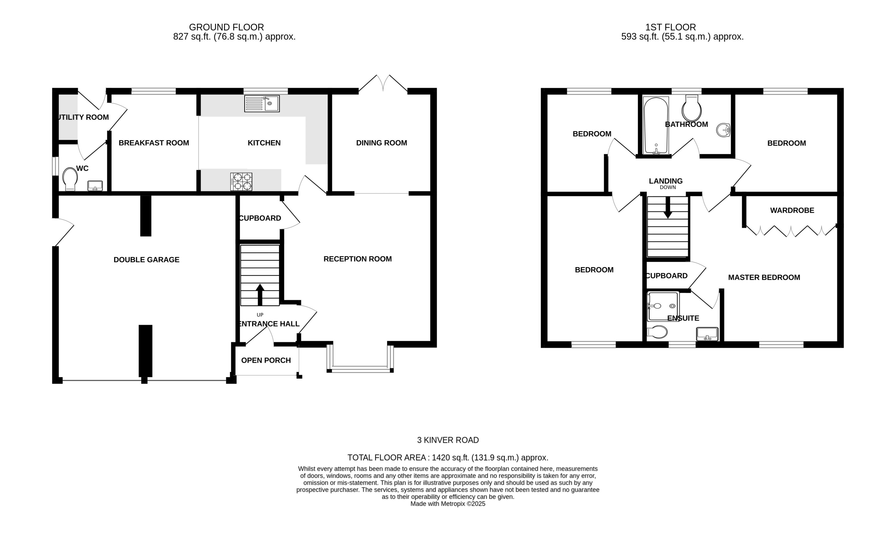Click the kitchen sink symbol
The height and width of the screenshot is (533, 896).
[x=262, y=103]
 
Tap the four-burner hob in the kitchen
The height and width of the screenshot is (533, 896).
[x=241, y=182]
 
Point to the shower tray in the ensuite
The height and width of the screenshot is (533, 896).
[x=663, y=306]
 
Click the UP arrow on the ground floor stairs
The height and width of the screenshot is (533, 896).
[x=260, y=295]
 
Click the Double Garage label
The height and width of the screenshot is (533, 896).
[x=146, y=260]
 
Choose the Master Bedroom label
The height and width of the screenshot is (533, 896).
[x=764, y=277]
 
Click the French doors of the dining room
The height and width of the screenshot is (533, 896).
[x=383, y=83]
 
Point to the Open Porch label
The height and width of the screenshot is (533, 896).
[x=266, y=360]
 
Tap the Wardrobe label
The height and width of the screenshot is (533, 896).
[x=792, y=211]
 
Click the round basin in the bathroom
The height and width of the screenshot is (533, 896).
[x=723, y=130]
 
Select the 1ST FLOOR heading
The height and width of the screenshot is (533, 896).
[x=670, y=27]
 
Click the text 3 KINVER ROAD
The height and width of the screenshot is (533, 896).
[x=448, y=440]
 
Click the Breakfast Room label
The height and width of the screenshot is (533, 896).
[x=154, y=143]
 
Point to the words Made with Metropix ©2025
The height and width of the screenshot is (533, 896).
[x=448, y=504]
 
